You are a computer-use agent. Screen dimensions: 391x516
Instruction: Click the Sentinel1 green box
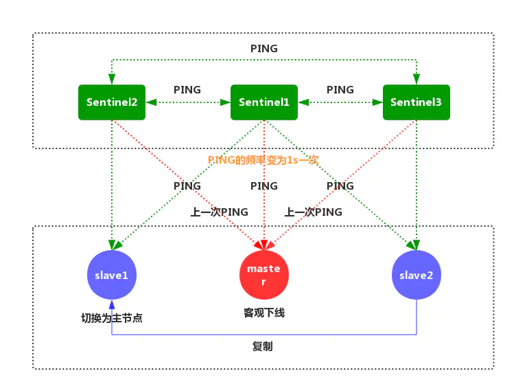[264, 102]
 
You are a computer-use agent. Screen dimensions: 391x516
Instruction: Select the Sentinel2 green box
[112, 102]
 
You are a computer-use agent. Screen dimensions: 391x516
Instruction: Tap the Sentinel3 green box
[416, 102]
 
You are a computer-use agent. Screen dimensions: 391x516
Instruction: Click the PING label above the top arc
[264, 49]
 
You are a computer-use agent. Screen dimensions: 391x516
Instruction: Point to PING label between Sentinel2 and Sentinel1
[187, 89]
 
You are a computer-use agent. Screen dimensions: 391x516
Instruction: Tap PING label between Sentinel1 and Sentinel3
[340, 89]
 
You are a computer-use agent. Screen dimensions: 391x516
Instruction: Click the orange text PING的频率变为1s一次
[263, 159]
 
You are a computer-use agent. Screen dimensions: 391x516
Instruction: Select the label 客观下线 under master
[264, 313]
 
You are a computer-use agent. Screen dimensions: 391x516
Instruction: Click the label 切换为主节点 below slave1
[112, 318]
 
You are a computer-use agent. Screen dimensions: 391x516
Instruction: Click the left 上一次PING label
[219, 212]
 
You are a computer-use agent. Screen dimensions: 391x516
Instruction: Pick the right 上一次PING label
[314, 212]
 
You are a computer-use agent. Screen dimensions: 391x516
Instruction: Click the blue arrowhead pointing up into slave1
[112, 303]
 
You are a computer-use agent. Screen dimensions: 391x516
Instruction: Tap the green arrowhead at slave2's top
[415, 245]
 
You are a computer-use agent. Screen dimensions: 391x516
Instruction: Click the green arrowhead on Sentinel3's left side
[377, 102]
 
